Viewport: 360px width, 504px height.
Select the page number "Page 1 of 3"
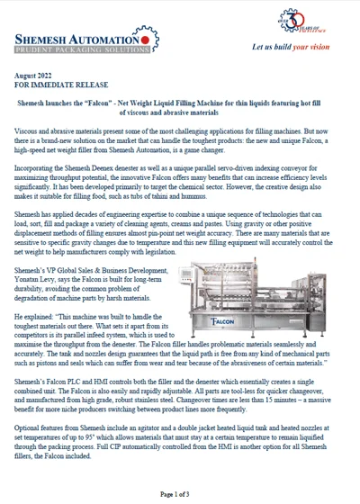click(x=180, y=494)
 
